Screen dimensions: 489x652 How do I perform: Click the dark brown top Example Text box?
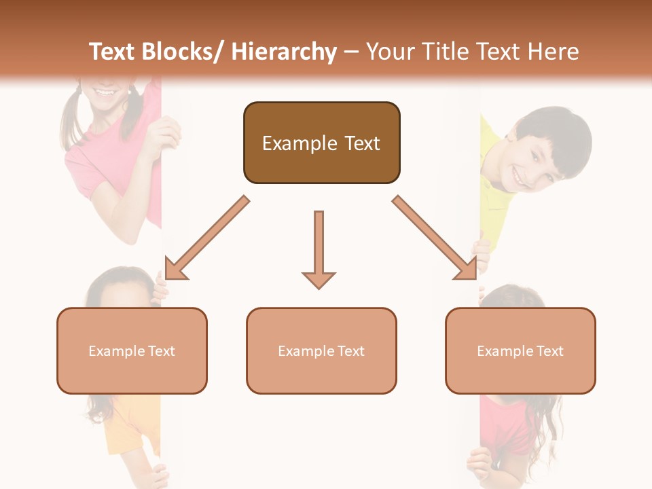(x=321, y=143)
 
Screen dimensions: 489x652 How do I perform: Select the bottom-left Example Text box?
(x=132, y=350)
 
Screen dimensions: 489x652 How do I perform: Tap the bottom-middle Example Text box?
(x=321, y=350)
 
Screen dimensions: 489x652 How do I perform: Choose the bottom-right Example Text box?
(x=520, y=350)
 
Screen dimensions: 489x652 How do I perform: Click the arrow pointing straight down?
(x=319, y=249)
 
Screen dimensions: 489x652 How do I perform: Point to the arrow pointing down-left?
(x=206, y=238)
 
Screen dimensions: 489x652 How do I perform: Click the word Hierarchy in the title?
(x=284, y=52)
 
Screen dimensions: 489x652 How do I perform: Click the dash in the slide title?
(x=351, y=52)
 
